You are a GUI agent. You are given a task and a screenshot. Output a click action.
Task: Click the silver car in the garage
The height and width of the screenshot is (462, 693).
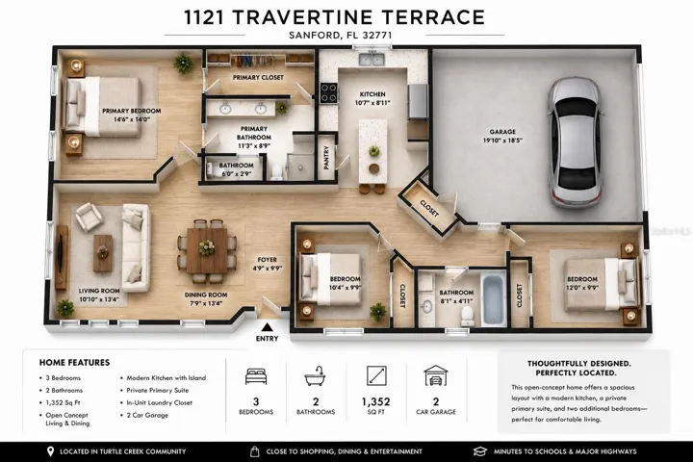coord(576,141)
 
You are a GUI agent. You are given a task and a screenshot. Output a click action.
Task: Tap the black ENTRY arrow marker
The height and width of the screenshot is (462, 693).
coord(267,327)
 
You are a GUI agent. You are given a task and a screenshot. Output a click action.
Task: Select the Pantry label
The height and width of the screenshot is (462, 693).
coord(326,158)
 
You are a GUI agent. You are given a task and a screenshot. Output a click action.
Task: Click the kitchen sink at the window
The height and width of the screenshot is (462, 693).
coord(372,59)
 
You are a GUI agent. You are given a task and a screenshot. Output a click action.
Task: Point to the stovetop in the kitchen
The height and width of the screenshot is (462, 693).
coord(329,93)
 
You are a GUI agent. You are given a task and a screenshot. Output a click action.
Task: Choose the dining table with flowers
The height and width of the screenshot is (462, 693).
coord(207,250)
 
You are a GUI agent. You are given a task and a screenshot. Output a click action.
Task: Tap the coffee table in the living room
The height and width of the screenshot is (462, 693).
coord(103,253)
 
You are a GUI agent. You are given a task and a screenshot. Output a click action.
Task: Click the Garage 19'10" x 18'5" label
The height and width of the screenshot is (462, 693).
coord(502,136)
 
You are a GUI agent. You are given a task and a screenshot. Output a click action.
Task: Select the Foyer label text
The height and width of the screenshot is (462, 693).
coord(267,260)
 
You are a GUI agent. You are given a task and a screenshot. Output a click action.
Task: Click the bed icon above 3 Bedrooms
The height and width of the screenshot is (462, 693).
coord(256,375)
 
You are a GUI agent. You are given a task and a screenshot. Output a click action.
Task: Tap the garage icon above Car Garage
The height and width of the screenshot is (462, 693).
coord(436,375)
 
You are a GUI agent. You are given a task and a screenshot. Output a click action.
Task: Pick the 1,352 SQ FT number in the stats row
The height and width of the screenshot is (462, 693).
coord(375,402)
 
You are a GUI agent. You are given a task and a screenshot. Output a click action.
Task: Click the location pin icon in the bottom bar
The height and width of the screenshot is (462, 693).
coord(50,451)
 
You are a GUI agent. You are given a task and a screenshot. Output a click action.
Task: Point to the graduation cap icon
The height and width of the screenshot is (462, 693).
coord(480,451)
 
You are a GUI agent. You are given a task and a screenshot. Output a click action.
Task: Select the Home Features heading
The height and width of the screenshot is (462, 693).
coord(74,363)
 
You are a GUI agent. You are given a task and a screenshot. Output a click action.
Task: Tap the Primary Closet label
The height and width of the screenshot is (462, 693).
coord(258,77)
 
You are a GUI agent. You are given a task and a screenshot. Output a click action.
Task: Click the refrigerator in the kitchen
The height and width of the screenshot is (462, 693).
coord(418,101)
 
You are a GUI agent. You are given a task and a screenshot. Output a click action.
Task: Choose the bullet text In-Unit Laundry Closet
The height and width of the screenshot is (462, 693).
coord(159,402)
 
